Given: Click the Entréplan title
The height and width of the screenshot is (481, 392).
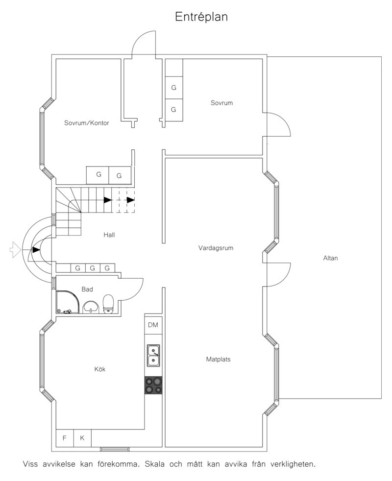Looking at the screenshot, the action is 201,17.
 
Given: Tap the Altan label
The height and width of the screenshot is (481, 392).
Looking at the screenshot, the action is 330,258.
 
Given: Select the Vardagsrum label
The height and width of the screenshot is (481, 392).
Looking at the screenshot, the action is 216,248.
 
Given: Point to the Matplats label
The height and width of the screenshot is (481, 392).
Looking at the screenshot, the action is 218,359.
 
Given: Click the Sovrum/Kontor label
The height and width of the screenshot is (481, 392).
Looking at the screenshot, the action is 87,123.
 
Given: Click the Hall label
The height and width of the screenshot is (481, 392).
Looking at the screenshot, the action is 109,235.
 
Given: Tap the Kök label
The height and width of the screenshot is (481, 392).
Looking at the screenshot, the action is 100,369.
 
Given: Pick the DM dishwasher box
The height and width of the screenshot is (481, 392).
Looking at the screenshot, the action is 153,325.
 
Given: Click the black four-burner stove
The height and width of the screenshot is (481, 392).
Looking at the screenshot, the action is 153,385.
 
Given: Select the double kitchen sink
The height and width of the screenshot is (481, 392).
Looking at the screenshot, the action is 153,356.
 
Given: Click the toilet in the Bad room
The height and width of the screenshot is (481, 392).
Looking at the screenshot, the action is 108,304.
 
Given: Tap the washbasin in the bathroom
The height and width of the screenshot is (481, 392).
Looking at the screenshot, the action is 91,307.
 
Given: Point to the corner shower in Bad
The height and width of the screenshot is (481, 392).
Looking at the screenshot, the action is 68,302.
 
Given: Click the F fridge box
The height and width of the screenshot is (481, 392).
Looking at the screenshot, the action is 65,438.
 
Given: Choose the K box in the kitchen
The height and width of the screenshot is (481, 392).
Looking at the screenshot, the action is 82,438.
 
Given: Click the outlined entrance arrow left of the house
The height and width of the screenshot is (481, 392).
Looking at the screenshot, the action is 15,249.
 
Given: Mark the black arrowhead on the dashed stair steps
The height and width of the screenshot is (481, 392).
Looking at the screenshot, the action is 131,200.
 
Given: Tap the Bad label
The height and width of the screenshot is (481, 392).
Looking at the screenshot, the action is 87,289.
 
